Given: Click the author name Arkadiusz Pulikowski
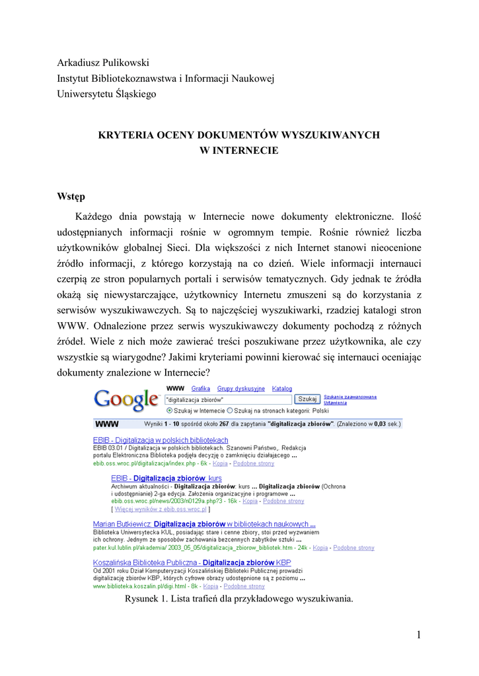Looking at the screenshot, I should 102,63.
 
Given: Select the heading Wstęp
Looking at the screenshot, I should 71,196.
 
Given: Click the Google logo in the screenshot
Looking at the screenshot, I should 126,399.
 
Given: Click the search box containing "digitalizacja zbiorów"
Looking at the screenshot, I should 227,399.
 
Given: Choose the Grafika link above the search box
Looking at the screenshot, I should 201,389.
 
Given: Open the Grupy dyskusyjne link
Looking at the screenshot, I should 241,389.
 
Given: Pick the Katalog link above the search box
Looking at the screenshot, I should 282,389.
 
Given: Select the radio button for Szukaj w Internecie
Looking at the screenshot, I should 169,410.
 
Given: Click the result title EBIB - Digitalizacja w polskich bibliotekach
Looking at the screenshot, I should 161,440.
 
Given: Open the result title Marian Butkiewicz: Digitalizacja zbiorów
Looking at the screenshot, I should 204,524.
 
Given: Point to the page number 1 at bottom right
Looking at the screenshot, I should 418,635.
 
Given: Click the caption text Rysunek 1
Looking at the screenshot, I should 145,599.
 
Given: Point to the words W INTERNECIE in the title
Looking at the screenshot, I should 239,150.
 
